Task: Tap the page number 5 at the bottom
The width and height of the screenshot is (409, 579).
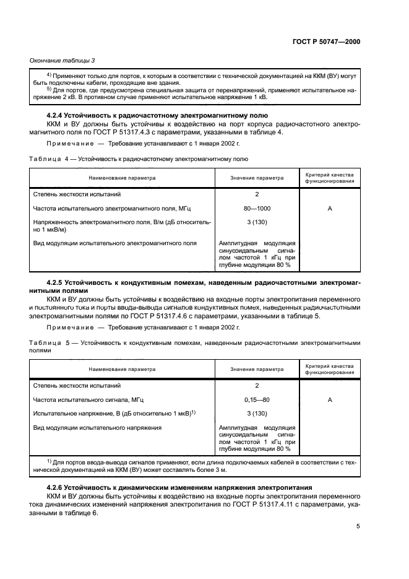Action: point(358,526)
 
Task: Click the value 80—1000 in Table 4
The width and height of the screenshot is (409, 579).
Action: point(257,209)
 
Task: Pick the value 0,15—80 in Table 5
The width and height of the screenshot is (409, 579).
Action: point(257,399)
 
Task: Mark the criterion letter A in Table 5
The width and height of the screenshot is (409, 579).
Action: point(330,399)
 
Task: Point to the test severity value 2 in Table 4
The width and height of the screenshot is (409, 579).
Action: point(257,194)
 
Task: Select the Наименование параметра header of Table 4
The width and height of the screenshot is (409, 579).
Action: point(122,178)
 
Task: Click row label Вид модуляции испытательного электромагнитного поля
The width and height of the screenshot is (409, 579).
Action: point(114,243)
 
